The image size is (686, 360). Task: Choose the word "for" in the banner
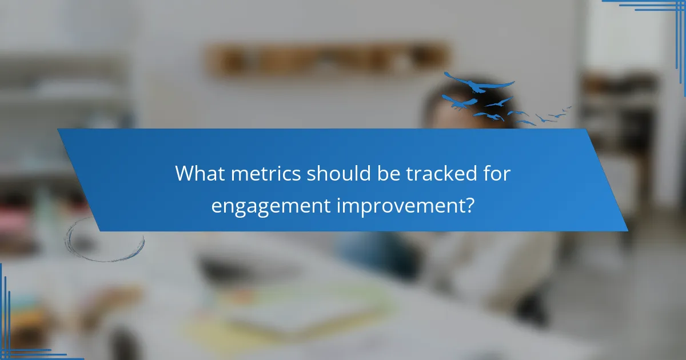click(496, 173)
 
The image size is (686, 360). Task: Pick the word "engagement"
click(270, 205)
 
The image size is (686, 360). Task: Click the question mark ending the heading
click(469, 204)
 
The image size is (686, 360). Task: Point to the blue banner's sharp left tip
click(58, 130)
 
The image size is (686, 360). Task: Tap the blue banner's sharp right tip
click(627, 230)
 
